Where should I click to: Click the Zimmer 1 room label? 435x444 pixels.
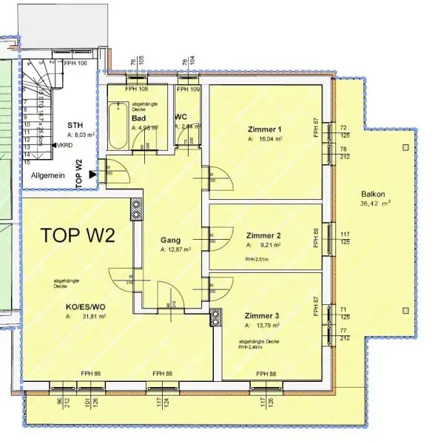pos(265,129)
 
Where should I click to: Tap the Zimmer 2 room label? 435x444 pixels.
pos(263,235)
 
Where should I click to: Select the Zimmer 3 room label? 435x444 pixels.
pos(263,316)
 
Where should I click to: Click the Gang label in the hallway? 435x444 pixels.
pos(171,240)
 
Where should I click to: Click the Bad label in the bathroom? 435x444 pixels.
pos(138,118)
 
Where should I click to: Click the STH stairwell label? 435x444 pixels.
pos(75,125)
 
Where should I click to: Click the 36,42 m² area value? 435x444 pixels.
pos(375,202)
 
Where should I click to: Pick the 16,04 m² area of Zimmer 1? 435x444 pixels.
pos(267,138)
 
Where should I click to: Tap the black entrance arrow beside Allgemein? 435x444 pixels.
pos(92,175)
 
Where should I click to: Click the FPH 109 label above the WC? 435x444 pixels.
pos(189,90)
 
